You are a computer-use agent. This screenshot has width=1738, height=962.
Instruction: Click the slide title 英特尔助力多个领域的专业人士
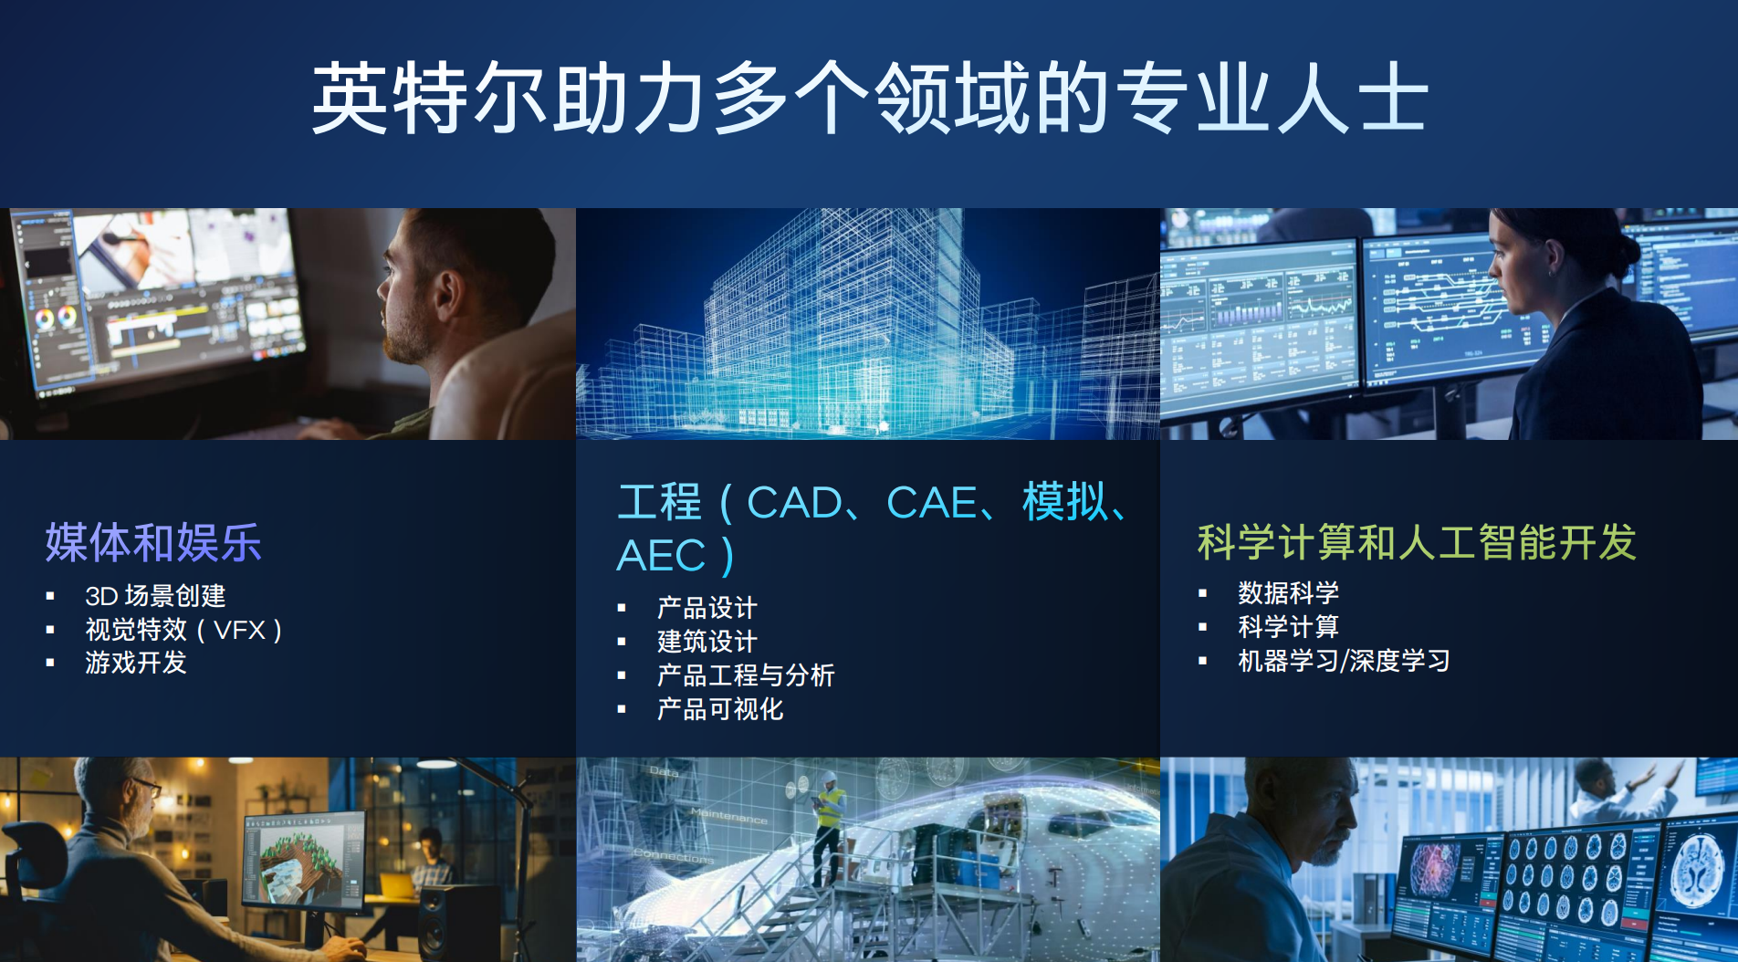[870, 98]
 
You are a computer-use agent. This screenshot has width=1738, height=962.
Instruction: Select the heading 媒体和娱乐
[153, 542]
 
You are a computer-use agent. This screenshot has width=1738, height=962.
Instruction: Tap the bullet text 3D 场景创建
[155, 596]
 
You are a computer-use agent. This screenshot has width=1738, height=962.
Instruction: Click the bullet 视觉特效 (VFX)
[183, 630]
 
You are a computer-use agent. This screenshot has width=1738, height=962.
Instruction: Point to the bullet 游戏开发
[136, 663]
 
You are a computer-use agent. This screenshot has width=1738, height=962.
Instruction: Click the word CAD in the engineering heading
[795, 503]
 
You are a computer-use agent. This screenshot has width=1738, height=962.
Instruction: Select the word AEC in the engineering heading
[662, 556]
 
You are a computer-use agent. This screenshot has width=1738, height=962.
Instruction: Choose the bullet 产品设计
[707, 608]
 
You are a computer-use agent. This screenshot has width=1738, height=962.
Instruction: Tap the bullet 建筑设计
[707, 642]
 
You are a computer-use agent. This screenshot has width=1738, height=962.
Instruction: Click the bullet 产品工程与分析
[746, 675]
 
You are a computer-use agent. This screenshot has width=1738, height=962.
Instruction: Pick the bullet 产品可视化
[720, 709]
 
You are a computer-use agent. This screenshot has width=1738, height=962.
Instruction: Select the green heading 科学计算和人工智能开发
[1417, 542]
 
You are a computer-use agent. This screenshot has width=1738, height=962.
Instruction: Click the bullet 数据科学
[1289, 593]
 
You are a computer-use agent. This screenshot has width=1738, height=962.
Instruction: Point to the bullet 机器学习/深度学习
[1344, 661]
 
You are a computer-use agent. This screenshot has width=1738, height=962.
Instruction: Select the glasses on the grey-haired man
[146, 786]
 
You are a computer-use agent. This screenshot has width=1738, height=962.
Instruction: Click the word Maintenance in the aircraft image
[728, 815]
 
